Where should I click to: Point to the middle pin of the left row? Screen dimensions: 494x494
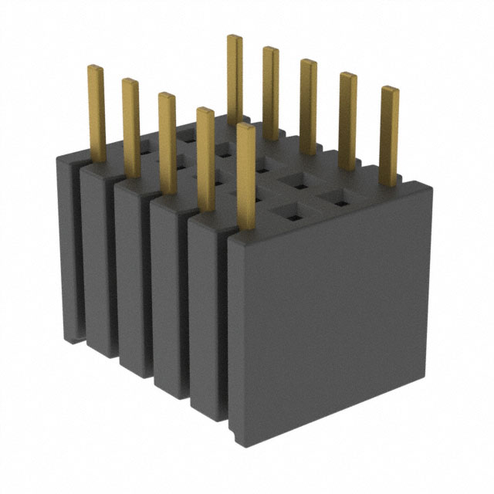167,139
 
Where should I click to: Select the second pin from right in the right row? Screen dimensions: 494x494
348,116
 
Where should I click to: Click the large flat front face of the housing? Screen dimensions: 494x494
332,309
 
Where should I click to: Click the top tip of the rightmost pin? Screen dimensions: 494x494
391,89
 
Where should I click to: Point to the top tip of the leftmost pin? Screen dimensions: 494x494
95,68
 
